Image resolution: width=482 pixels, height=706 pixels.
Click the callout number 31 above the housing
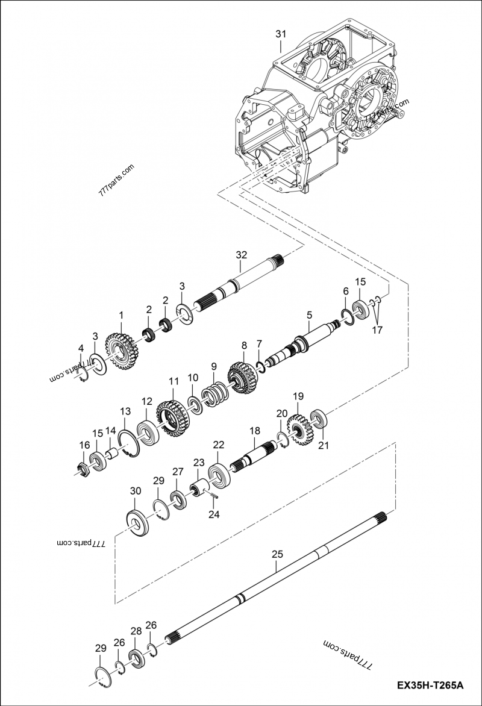click(x=281, y=34)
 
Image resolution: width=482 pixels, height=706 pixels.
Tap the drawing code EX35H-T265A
click(x=430, y=686)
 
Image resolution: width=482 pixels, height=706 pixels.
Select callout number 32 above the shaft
click(x=241, y=255)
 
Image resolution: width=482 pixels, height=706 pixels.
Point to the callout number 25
click(x=277, y=554)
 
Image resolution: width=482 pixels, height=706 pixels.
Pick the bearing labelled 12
click(x=147, y=430)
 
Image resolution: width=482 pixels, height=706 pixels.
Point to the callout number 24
click(x=214, y=514)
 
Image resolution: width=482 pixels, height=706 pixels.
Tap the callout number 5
click(x=309, y=314)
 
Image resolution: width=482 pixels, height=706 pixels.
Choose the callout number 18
click(x=255, y=431)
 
